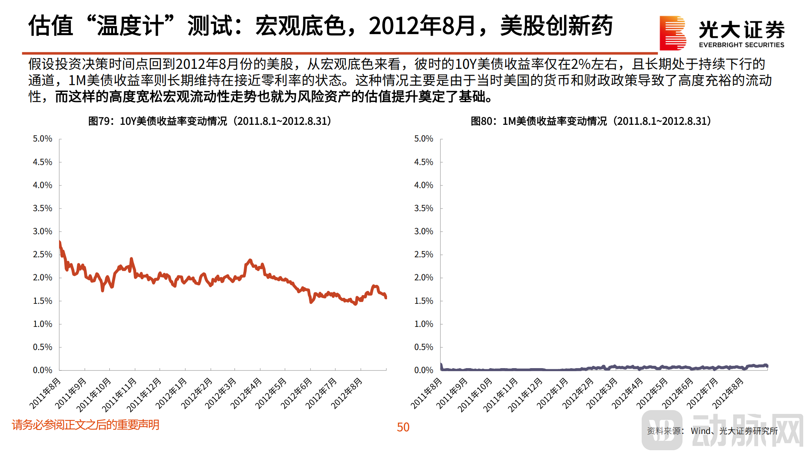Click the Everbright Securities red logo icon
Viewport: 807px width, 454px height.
click(x=672, y=33)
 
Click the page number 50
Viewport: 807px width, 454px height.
click(x=403, y=427)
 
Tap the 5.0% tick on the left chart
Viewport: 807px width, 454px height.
click(x=42, y=139)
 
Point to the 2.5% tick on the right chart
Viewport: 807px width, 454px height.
click(x=423, y=255)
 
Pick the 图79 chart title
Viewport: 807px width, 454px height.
click(x=210, y=121)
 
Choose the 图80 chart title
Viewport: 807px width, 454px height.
click(x=591, y=121)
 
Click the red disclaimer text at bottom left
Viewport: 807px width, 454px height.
click(x=86, y=425)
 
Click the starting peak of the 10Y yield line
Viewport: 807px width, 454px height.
click(x=60, y=242)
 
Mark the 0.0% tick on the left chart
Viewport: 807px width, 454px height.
click(x=42, y=370)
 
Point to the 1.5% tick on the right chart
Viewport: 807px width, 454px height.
click(x=423, y=301)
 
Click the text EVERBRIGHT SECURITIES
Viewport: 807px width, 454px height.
click(x=741, y=45)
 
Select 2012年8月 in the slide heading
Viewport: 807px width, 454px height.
click(x=422, y=26)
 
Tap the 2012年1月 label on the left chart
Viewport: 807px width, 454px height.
click(x=171, y=393)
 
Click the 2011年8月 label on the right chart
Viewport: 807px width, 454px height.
click(x=426, y=393)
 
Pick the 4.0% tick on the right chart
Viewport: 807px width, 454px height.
click(x=423, y=185)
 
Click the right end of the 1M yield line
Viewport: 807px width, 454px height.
click(x=767, y=365)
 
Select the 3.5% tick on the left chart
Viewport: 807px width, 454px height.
click(x=42, y=208)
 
